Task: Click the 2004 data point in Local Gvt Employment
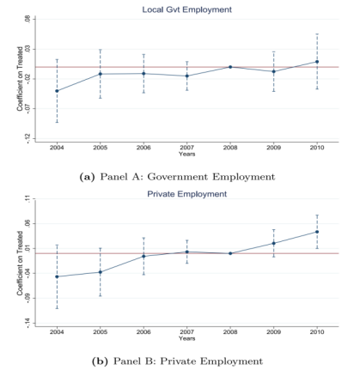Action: (57, 91)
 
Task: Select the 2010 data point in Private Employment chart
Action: (317, 232)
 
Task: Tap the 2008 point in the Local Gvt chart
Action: (230, 67)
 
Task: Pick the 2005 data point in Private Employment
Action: (101, 272)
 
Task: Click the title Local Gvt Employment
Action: (187, 9)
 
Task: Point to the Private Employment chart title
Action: (187, 194)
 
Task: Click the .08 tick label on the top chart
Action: (27, 19)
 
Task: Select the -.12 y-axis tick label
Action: (27, 138)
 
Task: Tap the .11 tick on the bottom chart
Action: (27, 198)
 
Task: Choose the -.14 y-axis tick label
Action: (27, 323)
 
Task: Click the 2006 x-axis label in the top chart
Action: (143, 148)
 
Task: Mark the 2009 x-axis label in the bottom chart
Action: (273, 332)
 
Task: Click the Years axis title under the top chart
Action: (187, 154)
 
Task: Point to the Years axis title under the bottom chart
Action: (187, 338)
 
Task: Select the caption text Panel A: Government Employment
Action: (187, 177)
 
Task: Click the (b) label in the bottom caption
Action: (100, 361)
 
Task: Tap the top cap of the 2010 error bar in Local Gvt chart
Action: (317, 33)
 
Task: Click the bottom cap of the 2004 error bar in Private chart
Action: (57, 308)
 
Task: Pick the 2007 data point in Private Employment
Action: (187, 252)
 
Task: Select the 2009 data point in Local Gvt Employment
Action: (273, 71)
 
